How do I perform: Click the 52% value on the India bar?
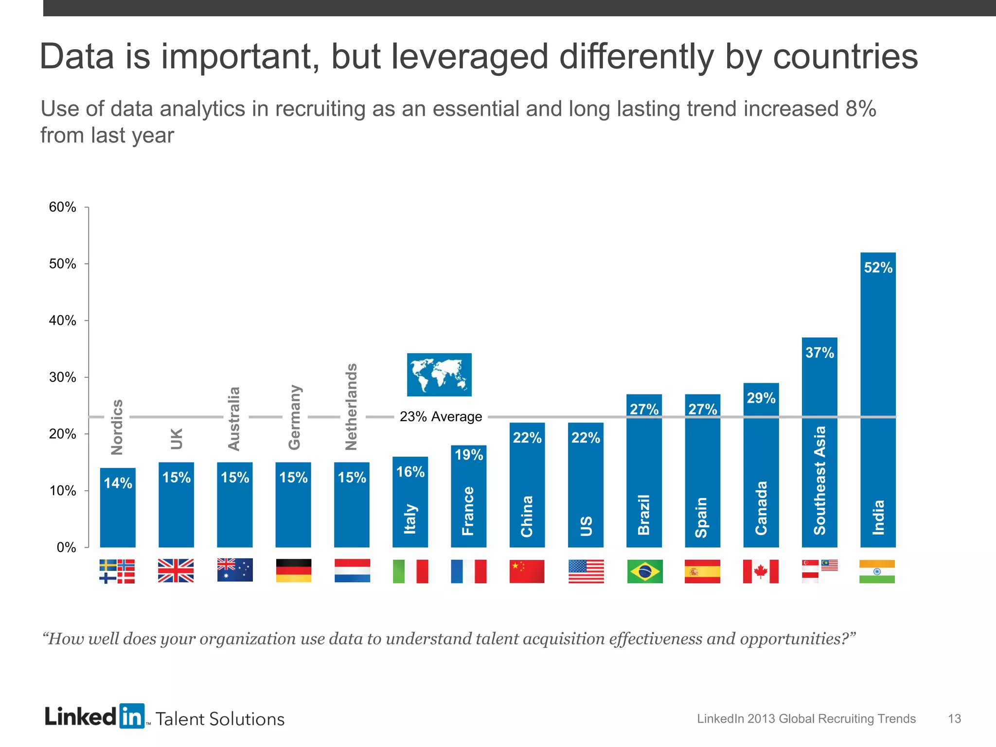pos(878,267)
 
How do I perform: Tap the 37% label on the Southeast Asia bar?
pos(819,353)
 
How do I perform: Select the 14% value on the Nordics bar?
pos(118,483)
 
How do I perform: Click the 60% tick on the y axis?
pos(63,207)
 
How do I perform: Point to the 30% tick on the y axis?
pos(63,377)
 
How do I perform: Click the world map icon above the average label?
pos(439,374)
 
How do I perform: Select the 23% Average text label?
pos(441,417)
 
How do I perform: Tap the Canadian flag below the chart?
pos(761,571)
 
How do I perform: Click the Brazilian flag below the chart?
pos(644,571)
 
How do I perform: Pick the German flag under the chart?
pos(293,570)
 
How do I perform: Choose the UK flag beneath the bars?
pos(176,570)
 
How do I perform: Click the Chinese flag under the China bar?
pos(527,571)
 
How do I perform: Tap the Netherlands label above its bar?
pos(351,407)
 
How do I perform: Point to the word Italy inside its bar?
pos(410,519)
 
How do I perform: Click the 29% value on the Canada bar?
pos(761,398)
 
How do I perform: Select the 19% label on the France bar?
pos(469,455)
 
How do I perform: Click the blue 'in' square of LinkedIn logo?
pos(132,716)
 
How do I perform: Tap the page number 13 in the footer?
pos(954,719)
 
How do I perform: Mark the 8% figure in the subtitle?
pos(860,108)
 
